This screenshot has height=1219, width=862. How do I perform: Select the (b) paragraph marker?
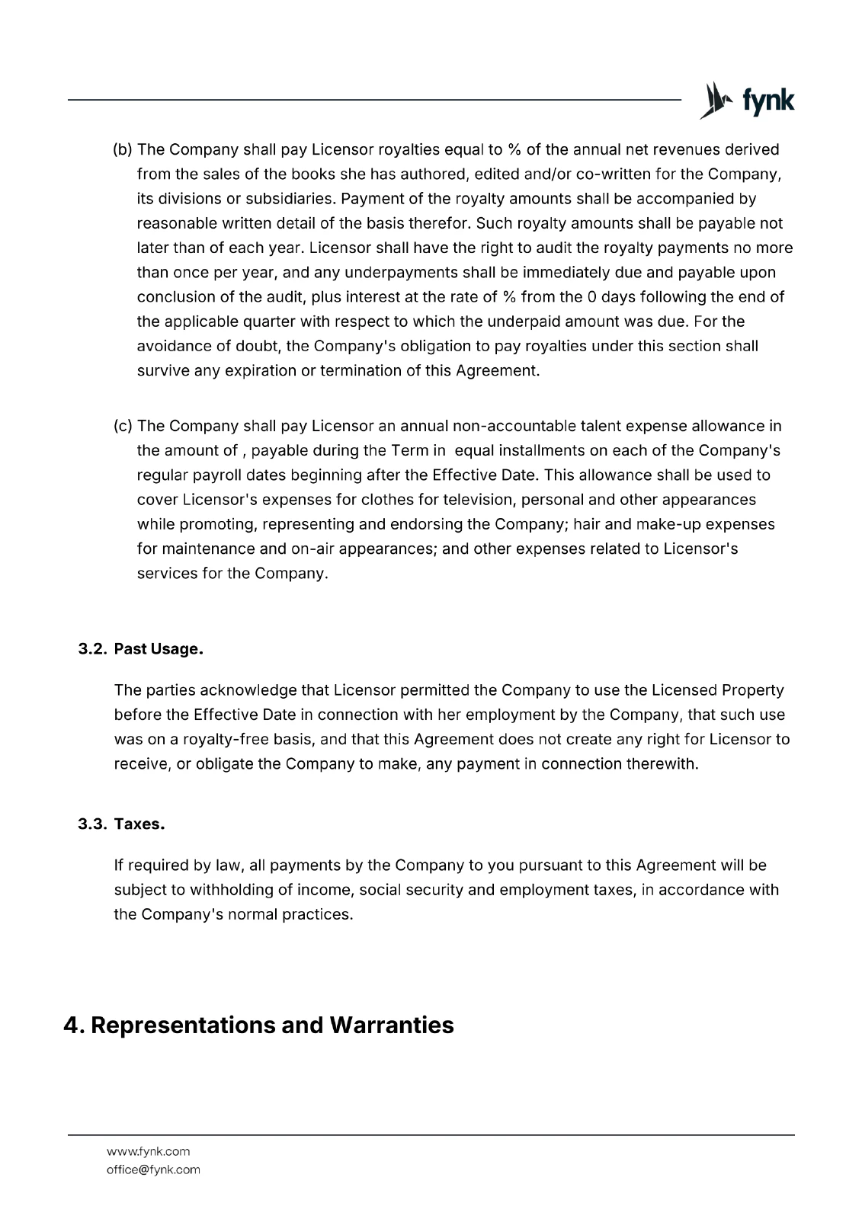pos(123,149)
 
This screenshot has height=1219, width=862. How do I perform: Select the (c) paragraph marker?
pos(123,426)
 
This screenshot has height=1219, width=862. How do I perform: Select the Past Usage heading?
pos(159,649)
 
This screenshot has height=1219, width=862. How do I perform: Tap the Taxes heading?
pos(139,824)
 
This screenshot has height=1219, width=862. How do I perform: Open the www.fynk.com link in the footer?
pos(148,1151)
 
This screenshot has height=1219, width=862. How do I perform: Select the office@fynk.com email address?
pos(153,1169)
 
